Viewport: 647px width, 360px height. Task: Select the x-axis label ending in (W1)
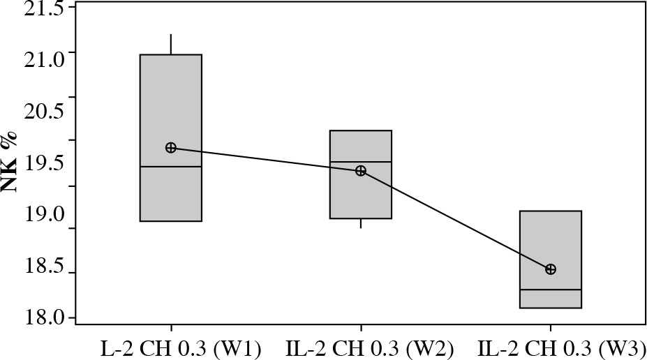(x=171, y=348)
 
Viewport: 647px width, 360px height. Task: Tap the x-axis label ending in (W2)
(x=360, y=348)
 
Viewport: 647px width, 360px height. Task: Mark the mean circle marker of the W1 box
(x=171, y=147)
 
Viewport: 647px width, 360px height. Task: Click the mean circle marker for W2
(x=361, y=171)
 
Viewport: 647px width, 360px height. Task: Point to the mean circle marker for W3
(x=551, y=269)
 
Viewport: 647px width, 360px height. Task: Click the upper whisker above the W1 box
(x=171, y=44)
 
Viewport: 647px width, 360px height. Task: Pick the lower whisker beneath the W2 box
(x=361, y=223)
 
